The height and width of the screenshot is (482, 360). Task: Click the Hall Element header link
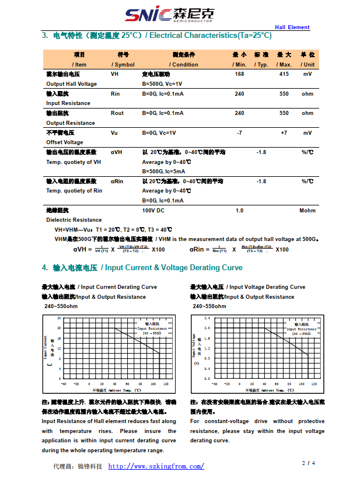click(292, 27)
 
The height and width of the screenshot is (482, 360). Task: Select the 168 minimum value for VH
click(239, 74)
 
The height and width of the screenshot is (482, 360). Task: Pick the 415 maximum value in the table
click(284, 74)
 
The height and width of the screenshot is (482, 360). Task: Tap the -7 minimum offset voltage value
click(239, 132)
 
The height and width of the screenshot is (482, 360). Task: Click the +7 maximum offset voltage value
click(284, 132)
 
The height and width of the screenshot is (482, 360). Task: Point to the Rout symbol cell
click(117, 113)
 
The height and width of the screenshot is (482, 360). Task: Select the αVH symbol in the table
click(117, 152)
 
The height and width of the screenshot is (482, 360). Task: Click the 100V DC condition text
click(153, 210)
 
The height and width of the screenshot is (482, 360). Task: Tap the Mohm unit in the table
click(307, 210)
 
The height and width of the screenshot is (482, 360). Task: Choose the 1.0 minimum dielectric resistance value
click(239, 210)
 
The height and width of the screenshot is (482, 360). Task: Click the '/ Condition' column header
click(184, 64)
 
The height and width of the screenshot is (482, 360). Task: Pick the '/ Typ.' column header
click(261, 64)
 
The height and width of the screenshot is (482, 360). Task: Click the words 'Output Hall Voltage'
click(72, 84)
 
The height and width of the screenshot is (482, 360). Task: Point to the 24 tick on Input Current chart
click(58, 318)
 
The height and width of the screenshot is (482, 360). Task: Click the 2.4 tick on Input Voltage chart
click(207, 318)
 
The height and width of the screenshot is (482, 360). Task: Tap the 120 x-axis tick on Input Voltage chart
click(316, 383)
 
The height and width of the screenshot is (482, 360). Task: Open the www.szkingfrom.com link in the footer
click(156, 466)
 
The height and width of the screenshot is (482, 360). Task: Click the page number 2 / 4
click(309, 463)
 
